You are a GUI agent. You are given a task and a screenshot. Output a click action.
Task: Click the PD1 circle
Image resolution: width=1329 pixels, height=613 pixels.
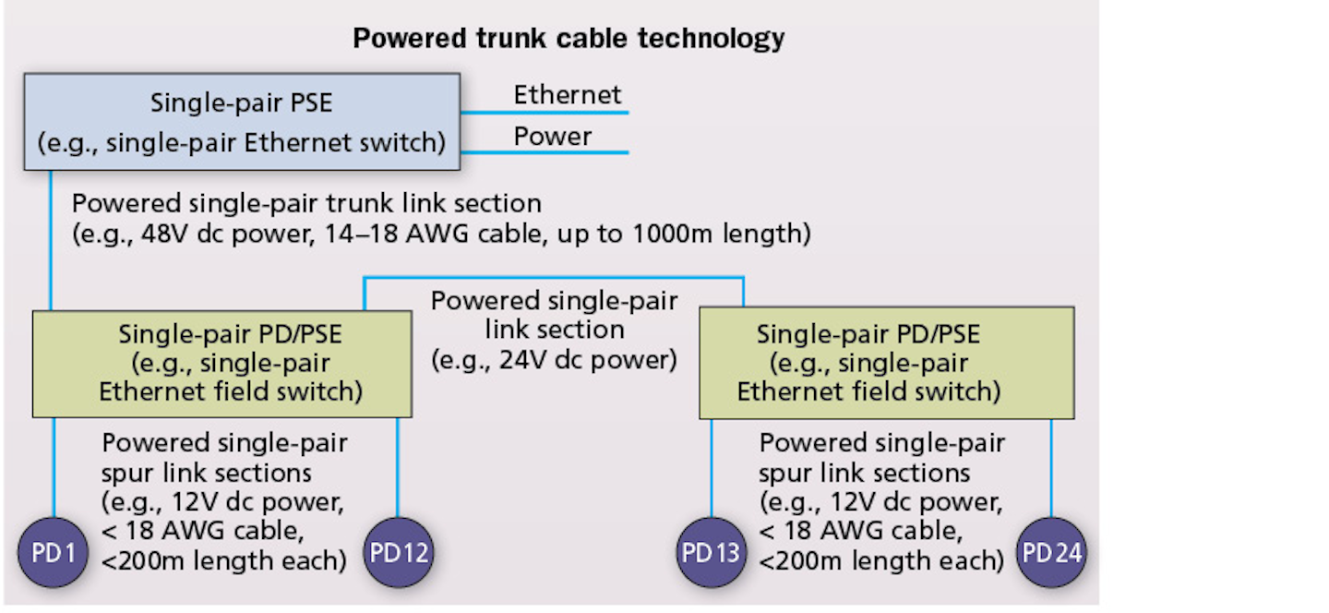pos(53,553)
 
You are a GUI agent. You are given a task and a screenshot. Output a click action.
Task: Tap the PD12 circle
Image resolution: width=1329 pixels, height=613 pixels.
pos(398,553)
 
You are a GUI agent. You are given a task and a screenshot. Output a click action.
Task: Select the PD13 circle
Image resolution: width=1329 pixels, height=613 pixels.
pos(712,553)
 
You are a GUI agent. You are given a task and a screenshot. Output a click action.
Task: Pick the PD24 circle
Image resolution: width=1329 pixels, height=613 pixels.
pos(1051,553)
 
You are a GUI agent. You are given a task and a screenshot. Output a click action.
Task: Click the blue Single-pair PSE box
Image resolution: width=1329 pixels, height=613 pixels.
pos(241,122)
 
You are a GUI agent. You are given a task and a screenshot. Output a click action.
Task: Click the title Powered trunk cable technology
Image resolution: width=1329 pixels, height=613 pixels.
pos(569,39)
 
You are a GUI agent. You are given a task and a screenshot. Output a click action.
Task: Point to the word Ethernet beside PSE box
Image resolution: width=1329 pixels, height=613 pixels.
pos(568,95)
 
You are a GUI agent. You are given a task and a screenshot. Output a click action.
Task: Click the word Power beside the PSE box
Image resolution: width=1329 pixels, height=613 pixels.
pos(553,137)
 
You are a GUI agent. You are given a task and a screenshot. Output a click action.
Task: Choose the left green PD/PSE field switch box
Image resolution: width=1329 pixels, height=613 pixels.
pos(221,364)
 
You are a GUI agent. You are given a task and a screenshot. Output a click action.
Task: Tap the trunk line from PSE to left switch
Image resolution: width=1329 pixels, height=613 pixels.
pos(52,240)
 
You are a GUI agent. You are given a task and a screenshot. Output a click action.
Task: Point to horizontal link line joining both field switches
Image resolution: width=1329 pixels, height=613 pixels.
pos(554,278)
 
